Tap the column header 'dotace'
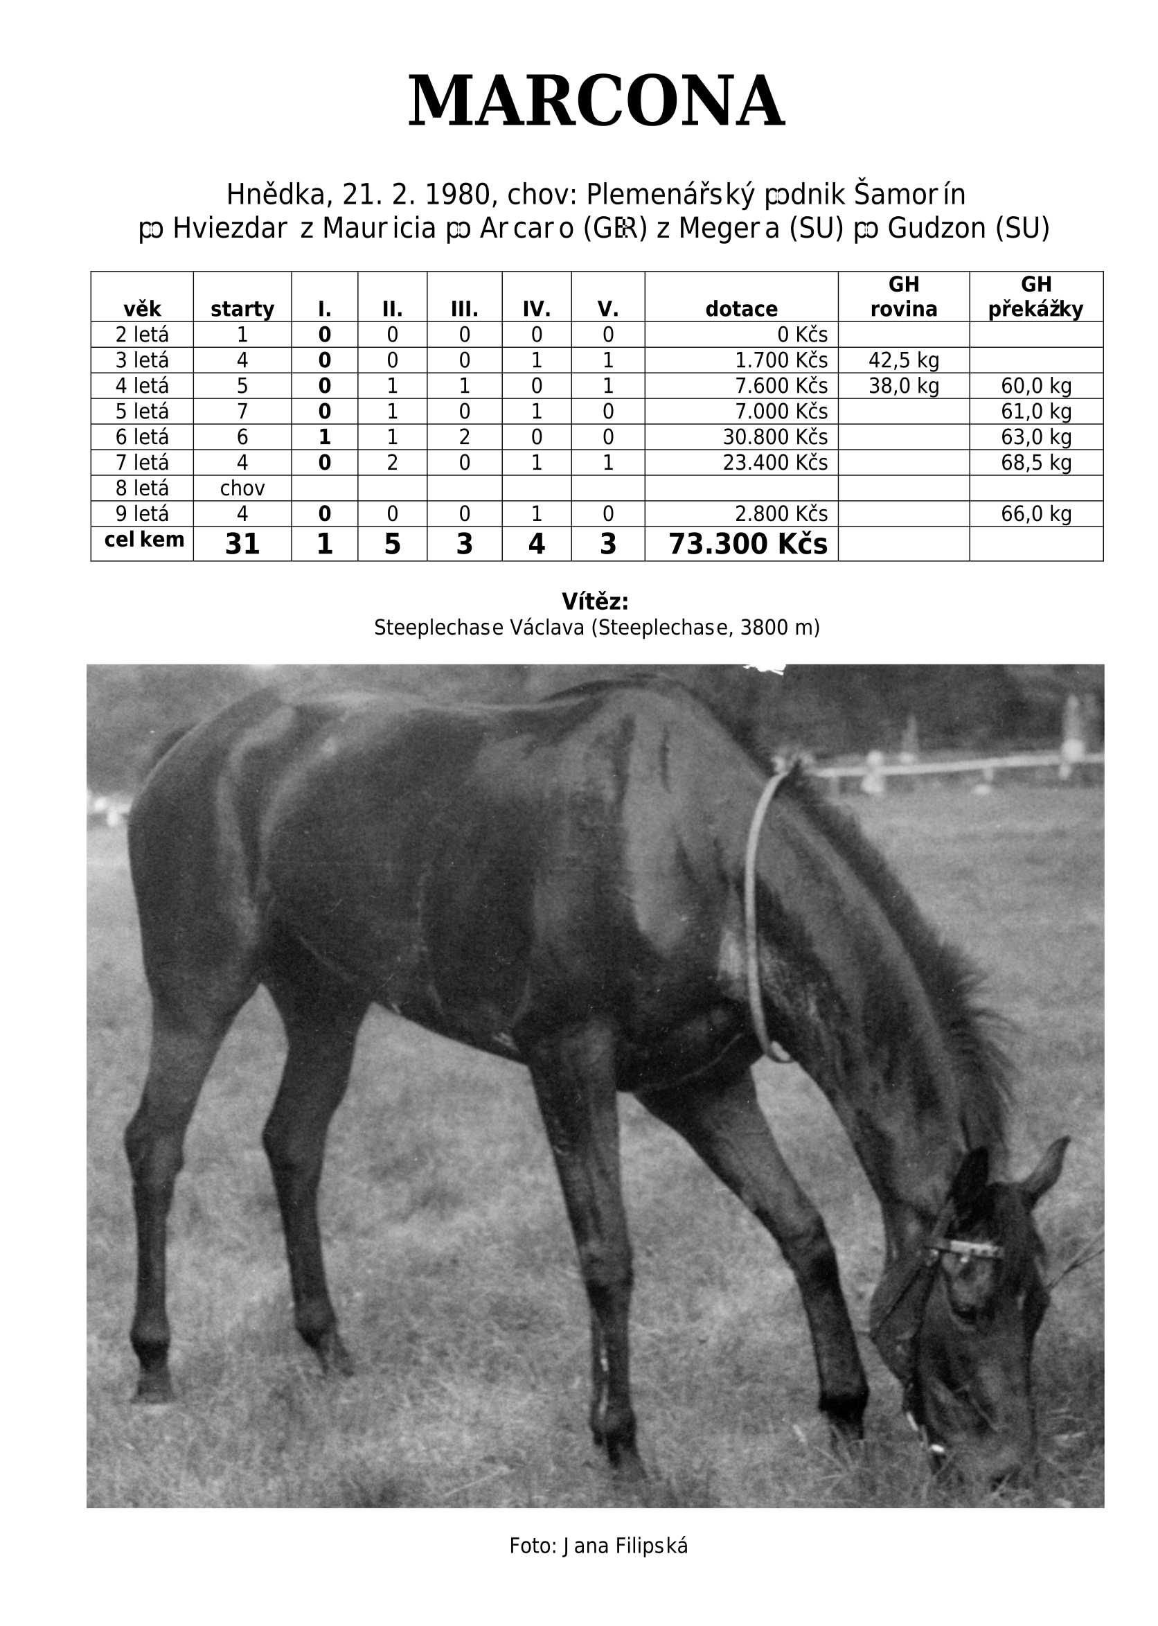(x=741, y=309)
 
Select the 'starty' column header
(x=242, y=309)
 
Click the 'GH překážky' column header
(x=1035, y=297)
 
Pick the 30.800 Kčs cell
(x=775, y=437)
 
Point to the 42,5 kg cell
(x=903, y=360)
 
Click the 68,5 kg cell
(x=1035, y=463)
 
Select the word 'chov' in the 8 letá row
(x=242, y=488)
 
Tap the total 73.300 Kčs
(x=747, y=544)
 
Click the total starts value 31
(x=242, y=544)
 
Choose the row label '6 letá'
(x=142, y=437)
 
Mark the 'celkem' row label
(x=144, y=540)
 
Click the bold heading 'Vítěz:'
(x=595, y=601)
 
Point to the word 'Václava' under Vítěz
(x=548, y=627)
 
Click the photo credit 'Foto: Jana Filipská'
(x=598, y=1546)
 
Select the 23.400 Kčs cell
(x=775, y=463)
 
